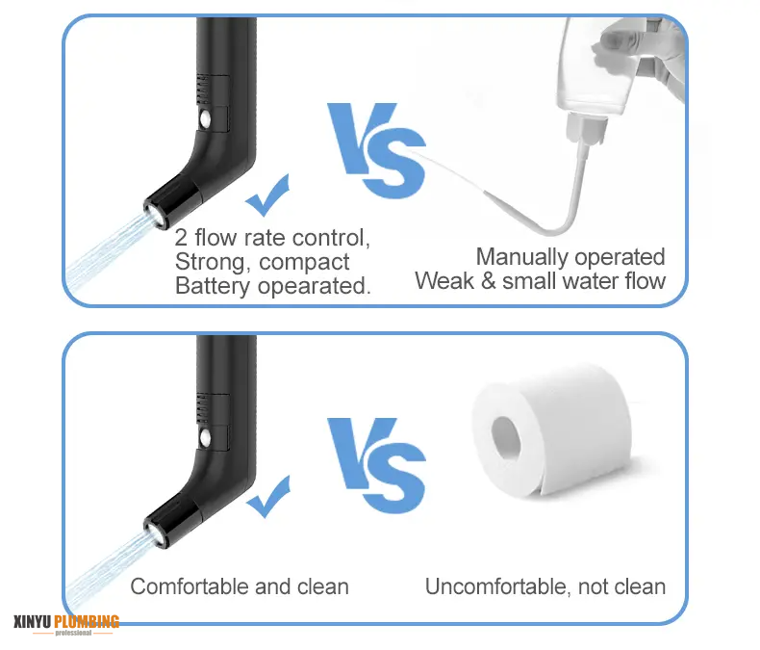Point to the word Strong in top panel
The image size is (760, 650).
[209, 262]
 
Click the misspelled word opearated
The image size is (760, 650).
[316, 286]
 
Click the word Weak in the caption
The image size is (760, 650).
[441, 281]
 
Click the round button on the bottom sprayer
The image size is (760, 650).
[207, 438]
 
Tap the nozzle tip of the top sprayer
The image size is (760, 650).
[154, 209]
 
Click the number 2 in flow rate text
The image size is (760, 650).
[182, 237]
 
